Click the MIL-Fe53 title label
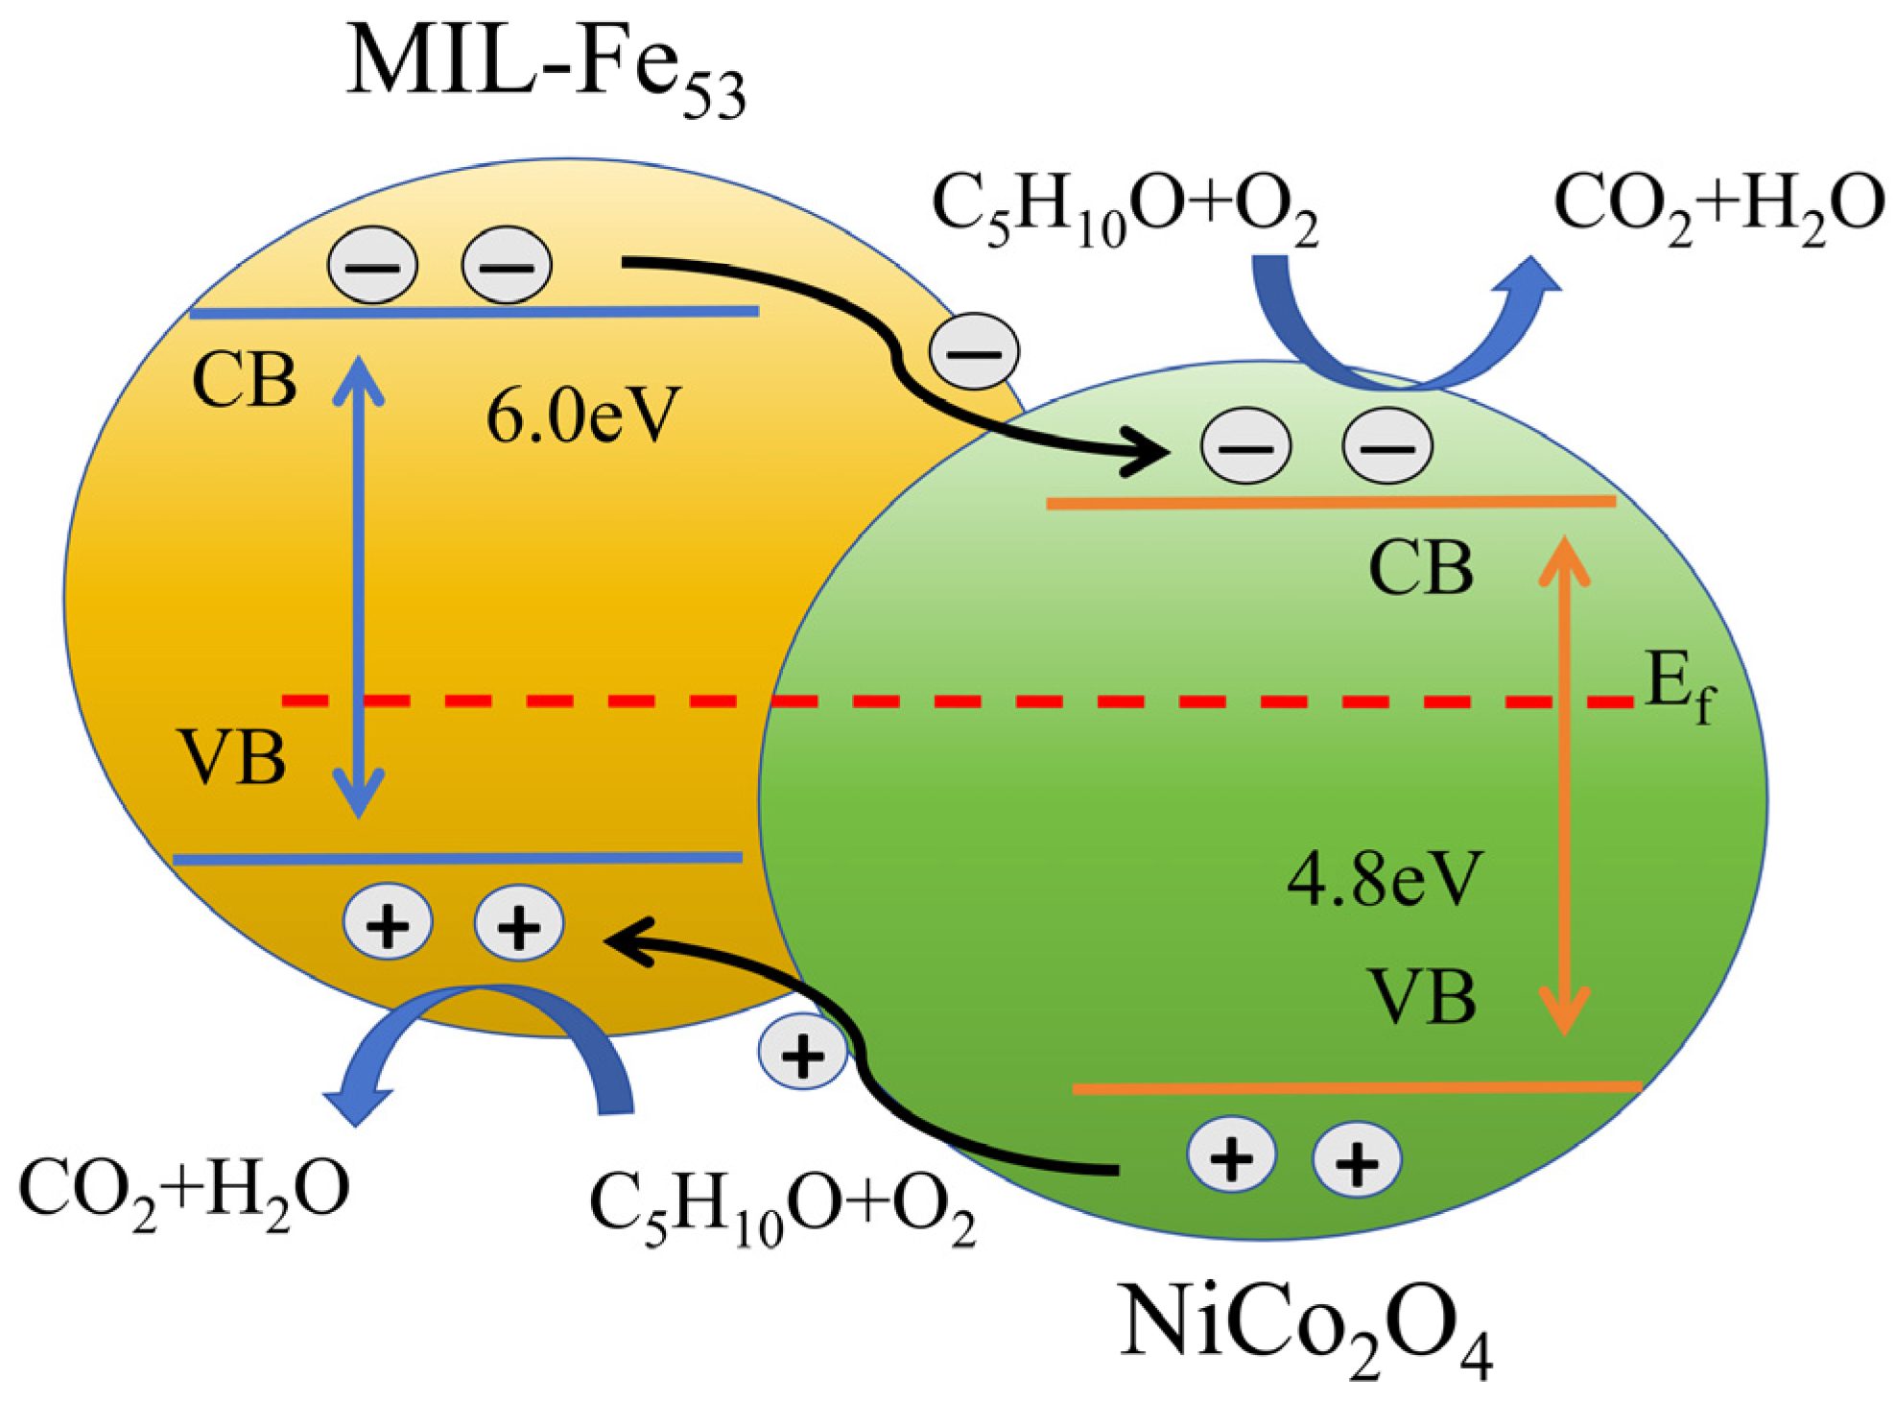(545, 69)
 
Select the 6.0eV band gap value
(583, 416)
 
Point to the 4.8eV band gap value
(1385, 878)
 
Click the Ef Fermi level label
(1679, 686)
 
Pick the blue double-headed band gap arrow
(359, 585)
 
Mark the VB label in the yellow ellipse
(232, 758)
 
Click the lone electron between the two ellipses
(973, 351)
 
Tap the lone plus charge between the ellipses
(802, 1053)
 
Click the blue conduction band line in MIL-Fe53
(474, 312)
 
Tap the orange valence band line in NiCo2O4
(1357, 1088)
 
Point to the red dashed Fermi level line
(959, 701)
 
